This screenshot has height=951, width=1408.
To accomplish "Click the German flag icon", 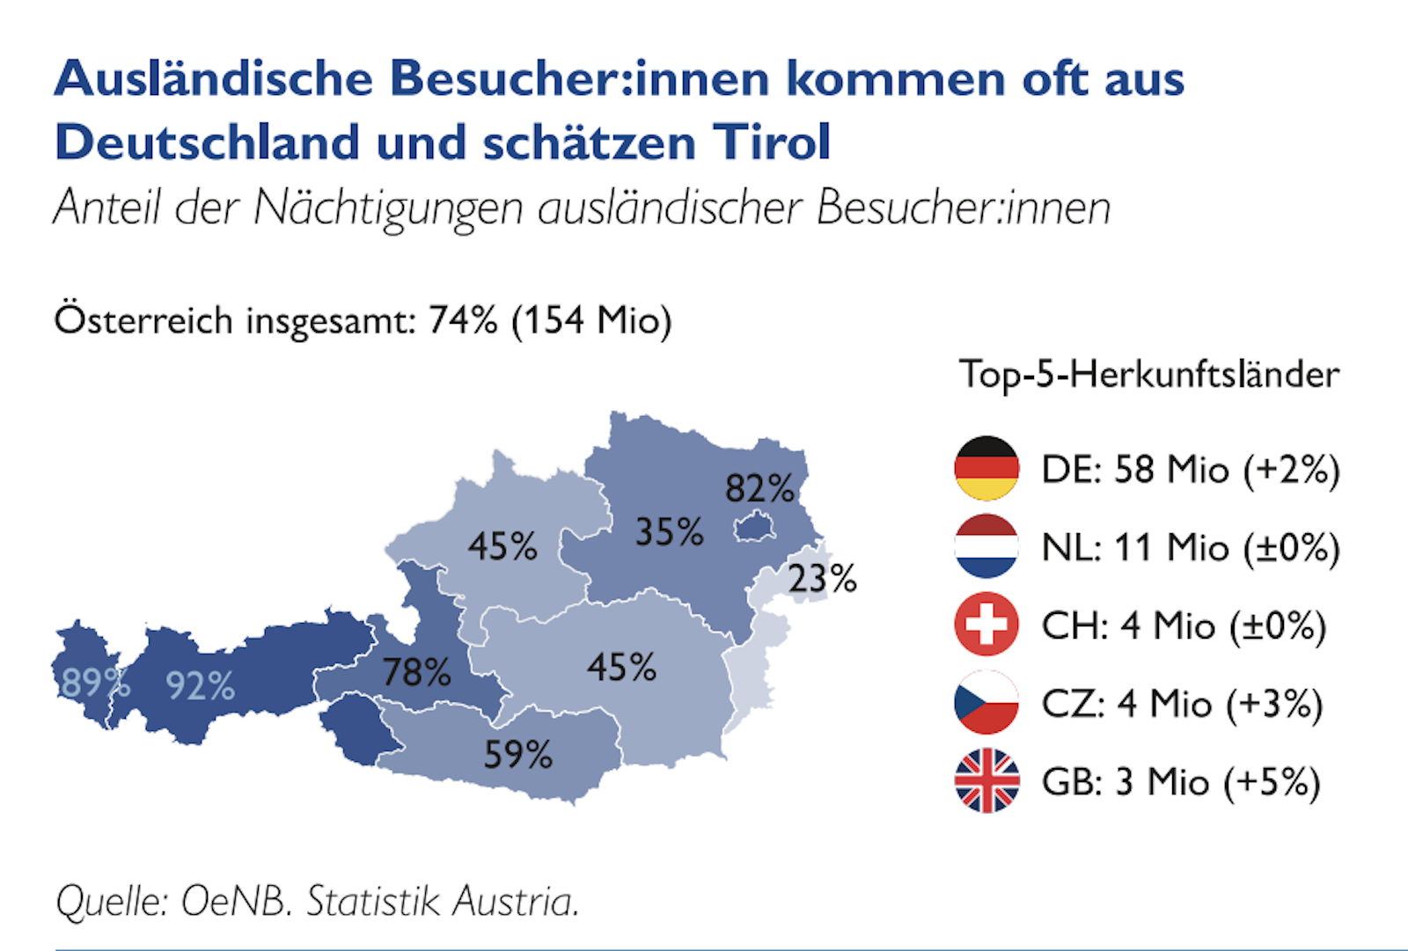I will tap(986, 468).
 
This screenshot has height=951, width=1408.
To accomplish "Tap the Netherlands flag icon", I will tap(986, 546).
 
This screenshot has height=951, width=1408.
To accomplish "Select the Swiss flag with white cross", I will tap(986, 625).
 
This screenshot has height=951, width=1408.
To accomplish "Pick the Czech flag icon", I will tap(986, 702).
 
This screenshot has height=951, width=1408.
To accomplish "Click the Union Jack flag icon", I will tap(986, 780).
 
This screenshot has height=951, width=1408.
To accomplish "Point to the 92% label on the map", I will tap(201, 685).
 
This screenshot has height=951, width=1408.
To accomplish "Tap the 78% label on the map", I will tap(416, 673).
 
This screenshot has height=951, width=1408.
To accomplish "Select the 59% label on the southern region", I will tap(517, 755).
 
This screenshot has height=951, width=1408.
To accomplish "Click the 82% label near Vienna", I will tap(759, 488).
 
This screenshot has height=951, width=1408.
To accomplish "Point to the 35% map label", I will tap(669, 532).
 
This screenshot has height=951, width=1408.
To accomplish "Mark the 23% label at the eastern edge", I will tap(822, 579).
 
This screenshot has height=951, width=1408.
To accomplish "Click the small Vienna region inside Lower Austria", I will tap(755, 527).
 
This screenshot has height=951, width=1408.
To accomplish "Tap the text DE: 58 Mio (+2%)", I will tap(1190, 469).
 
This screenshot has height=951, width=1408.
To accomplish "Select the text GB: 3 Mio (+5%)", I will tap(1181, 781).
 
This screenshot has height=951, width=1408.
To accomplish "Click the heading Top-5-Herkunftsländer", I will tap(1148, 375).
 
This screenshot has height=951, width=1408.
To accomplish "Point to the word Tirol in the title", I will tap(772, 143).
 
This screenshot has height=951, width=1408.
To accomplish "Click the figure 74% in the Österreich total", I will tap(463, 320).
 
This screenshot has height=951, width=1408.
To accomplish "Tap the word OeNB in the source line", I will tap(235, 902).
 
